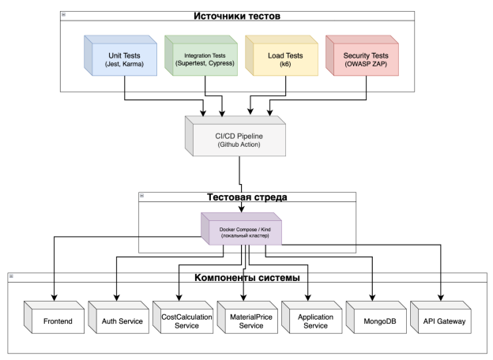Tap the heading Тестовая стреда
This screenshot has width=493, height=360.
coord(246,196)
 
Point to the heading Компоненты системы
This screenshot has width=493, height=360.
coord(246,279)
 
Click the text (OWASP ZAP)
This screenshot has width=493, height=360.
coord(368,63)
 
